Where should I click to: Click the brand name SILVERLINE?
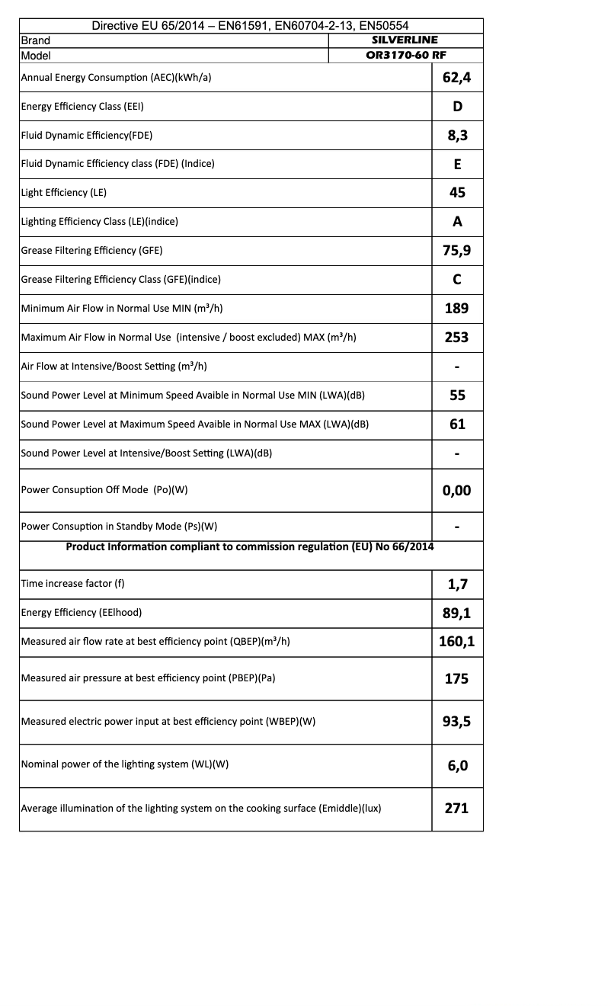point(405,40)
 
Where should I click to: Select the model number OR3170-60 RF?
point(405,55)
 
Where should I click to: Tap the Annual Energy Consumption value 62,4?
point(457,77)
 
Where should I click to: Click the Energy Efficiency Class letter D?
point(457,106)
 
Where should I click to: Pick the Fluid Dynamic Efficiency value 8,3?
point(457,135)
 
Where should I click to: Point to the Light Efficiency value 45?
point(457,193)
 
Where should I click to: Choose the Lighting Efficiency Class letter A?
point(457,222)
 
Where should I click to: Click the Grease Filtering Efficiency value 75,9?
point(457,251)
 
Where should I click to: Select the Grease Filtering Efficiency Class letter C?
point(457,280)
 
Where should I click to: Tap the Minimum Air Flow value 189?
point(457,309)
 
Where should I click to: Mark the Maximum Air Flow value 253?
point(457,338)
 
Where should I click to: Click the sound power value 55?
point(457,396)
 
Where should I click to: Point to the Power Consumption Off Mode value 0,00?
point(457,490)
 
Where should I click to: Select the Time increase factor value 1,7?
point(457,585)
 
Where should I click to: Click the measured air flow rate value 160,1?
point(457,642)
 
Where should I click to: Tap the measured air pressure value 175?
point(457,678)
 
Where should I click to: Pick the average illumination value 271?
point(457,809)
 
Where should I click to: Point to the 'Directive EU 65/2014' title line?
point(251,26)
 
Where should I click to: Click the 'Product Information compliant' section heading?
point(250,546)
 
